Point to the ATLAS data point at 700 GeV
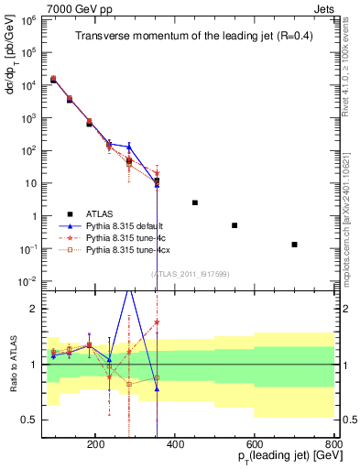(294, 245)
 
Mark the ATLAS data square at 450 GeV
(194, 202)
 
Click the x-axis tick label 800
(334, 444)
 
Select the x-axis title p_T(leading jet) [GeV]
(278, 459)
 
